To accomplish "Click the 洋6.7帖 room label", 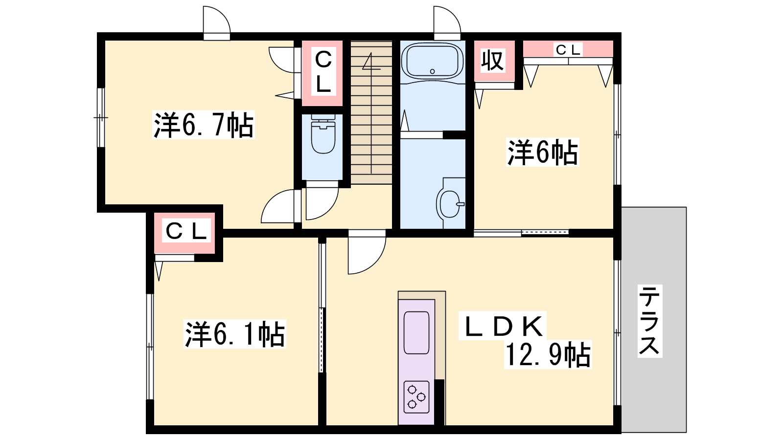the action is coord(204,125).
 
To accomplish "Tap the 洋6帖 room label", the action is coord(543,152).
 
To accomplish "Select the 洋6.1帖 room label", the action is coord(234,334).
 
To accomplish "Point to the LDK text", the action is coord(502,326).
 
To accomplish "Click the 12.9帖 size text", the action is coord(548,354).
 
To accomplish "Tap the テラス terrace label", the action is coord(650,321).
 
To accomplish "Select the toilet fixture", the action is coord(322,134).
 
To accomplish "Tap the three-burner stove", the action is coord(416,396).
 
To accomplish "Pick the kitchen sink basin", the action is coord(416,332).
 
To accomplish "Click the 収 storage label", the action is coord(492,61).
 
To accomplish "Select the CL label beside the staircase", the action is coord(323,72).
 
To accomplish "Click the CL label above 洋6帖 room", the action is coord(568,50).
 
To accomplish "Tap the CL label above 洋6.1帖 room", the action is coord(185,231).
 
